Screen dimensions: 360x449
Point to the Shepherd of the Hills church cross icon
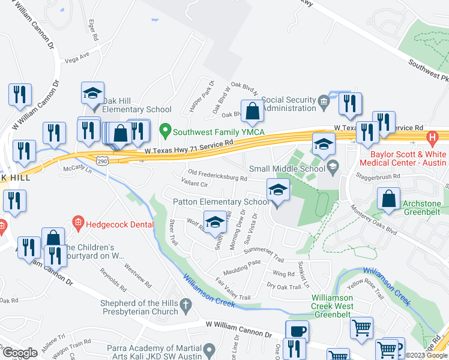tap(187, 306)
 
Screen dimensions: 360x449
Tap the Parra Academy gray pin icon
tap(209, 349)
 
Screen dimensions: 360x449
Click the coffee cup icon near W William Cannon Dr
tap(297, 331)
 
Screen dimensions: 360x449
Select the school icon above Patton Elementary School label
tap(277, 191)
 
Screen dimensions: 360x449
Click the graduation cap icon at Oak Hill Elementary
tap(92, 93)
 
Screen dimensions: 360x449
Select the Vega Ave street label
tap(76, 59)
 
